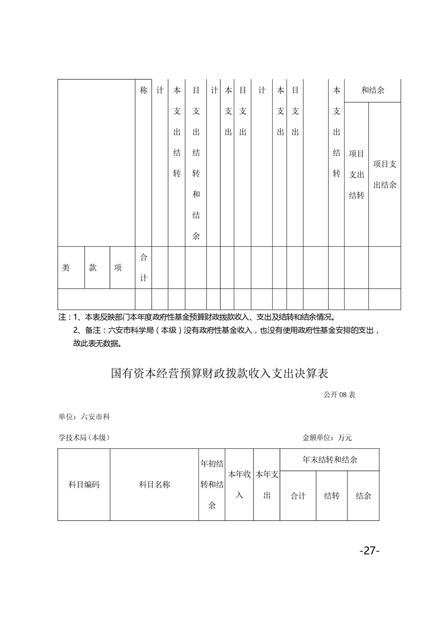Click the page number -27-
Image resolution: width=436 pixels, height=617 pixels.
(x=369, y=550)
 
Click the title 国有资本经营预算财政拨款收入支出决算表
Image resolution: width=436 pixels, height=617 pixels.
(x=219, y=374)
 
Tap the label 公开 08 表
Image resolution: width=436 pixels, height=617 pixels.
(x=340, y=394)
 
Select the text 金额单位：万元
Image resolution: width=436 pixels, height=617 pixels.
(x=327, y=438)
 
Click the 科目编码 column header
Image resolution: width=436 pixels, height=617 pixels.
(x=84, y=484)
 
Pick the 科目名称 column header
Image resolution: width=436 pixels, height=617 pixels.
(x=154, y=484)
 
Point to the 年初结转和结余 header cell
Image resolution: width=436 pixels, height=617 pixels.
(x=212, y=484)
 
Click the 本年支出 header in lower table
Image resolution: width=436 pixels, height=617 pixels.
(x=267, y=484)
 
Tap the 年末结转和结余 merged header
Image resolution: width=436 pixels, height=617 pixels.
(x=329, y=459)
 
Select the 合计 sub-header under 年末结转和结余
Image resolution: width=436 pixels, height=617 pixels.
(x=298, y=495)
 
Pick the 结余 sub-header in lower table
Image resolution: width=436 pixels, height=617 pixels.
(x=363, y=495)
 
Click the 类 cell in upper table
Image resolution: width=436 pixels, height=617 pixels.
(x=66, y=268)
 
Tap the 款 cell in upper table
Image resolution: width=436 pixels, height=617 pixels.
(x=93, y=268)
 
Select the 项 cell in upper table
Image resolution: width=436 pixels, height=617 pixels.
(x=118, y=268)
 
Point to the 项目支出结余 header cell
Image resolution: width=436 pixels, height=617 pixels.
(x=385, y=174)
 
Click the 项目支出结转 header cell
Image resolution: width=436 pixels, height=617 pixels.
(x=356, y=174)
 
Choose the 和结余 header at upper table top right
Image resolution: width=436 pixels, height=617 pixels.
(x=373, y=90)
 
